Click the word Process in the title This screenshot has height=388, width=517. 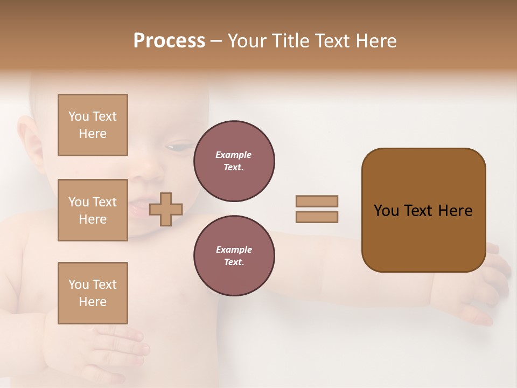[169, 41]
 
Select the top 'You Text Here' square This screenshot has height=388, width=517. [93, 125]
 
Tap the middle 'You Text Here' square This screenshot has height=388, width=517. [93, 210]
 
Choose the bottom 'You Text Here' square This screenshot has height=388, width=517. [93, 293]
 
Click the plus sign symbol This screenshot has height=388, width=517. [166, 209]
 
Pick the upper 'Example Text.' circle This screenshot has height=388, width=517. [234, 161]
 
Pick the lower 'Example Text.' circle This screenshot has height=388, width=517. [234, 256]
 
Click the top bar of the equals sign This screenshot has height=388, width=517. [317, 201]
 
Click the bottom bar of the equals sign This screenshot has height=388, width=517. [317, 217]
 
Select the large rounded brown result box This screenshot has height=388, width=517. [423, 210]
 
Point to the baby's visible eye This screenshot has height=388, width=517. [178, 147]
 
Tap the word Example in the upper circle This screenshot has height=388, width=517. [234, 155]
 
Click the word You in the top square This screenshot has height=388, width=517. [79, 116]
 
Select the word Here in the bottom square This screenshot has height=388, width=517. [93, 302]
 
